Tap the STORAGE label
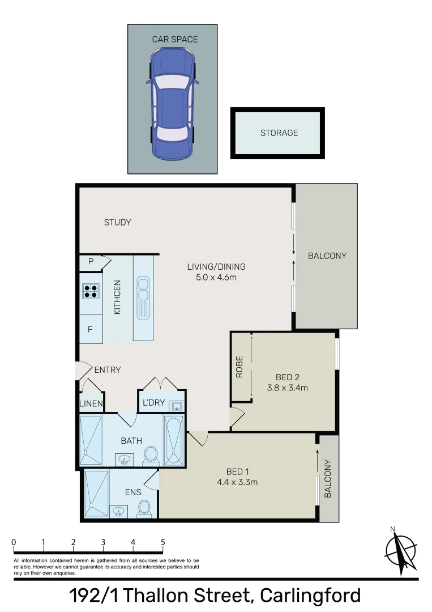point(279,133)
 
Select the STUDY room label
point(117,222)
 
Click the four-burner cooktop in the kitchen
point(91,291)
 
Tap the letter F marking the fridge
point(89,329)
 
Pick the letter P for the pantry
point(90,262)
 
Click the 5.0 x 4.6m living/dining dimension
point(216,278)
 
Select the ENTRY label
point(107,370)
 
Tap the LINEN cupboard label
point(91,404)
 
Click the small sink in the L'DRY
point(177,405)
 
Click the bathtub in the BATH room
point(173,441)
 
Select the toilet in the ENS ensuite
point(144,508)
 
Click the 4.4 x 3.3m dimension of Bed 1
point(237,482)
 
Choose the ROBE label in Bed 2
point(239,367)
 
